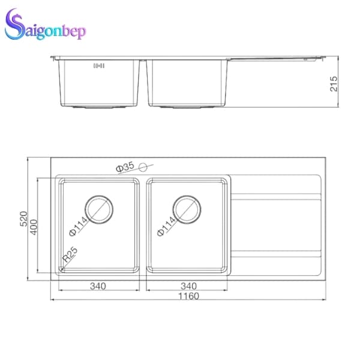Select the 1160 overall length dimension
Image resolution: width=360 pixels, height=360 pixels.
189,296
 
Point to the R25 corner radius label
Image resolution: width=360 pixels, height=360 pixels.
70,256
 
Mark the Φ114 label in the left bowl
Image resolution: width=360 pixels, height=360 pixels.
80,225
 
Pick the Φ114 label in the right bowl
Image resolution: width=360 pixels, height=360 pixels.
167,225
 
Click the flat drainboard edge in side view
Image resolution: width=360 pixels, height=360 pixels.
276,59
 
